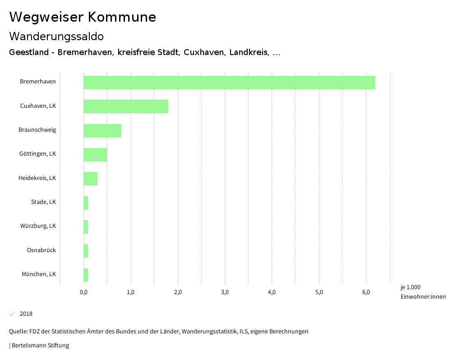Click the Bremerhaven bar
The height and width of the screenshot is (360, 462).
click(229, 83)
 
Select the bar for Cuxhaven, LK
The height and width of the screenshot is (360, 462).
click(126, 106)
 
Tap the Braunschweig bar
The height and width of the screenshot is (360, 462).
click(102, 130)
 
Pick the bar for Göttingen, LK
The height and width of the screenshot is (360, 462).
click(95, 155)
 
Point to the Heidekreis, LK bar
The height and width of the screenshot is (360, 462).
click(90, 179)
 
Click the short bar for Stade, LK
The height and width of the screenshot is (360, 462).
click(86, 203)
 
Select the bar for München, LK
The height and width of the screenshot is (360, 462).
click(86, 275)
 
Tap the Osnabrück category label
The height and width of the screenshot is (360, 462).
click(42, 250)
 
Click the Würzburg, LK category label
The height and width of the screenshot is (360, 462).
click(38, 226)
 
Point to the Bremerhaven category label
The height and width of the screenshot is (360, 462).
click(38, 82)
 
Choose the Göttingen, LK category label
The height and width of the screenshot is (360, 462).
click(37, 154)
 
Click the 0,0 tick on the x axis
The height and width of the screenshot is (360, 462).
click(83, 292)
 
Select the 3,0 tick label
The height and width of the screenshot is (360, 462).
click(225, 292)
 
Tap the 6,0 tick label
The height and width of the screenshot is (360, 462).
click(366, 292)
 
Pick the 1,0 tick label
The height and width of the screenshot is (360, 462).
click(130, 292)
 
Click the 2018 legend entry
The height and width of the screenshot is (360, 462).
click(26, 314)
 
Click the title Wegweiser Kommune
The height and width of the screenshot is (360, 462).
click(83, 17)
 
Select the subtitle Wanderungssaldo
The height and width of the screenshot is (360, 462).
click(56, 36)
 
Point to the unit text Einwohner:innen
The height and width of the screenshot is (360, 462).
click(423, 297)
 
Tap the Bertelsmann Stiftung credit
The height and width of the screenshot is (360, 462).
click(40, 346)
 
